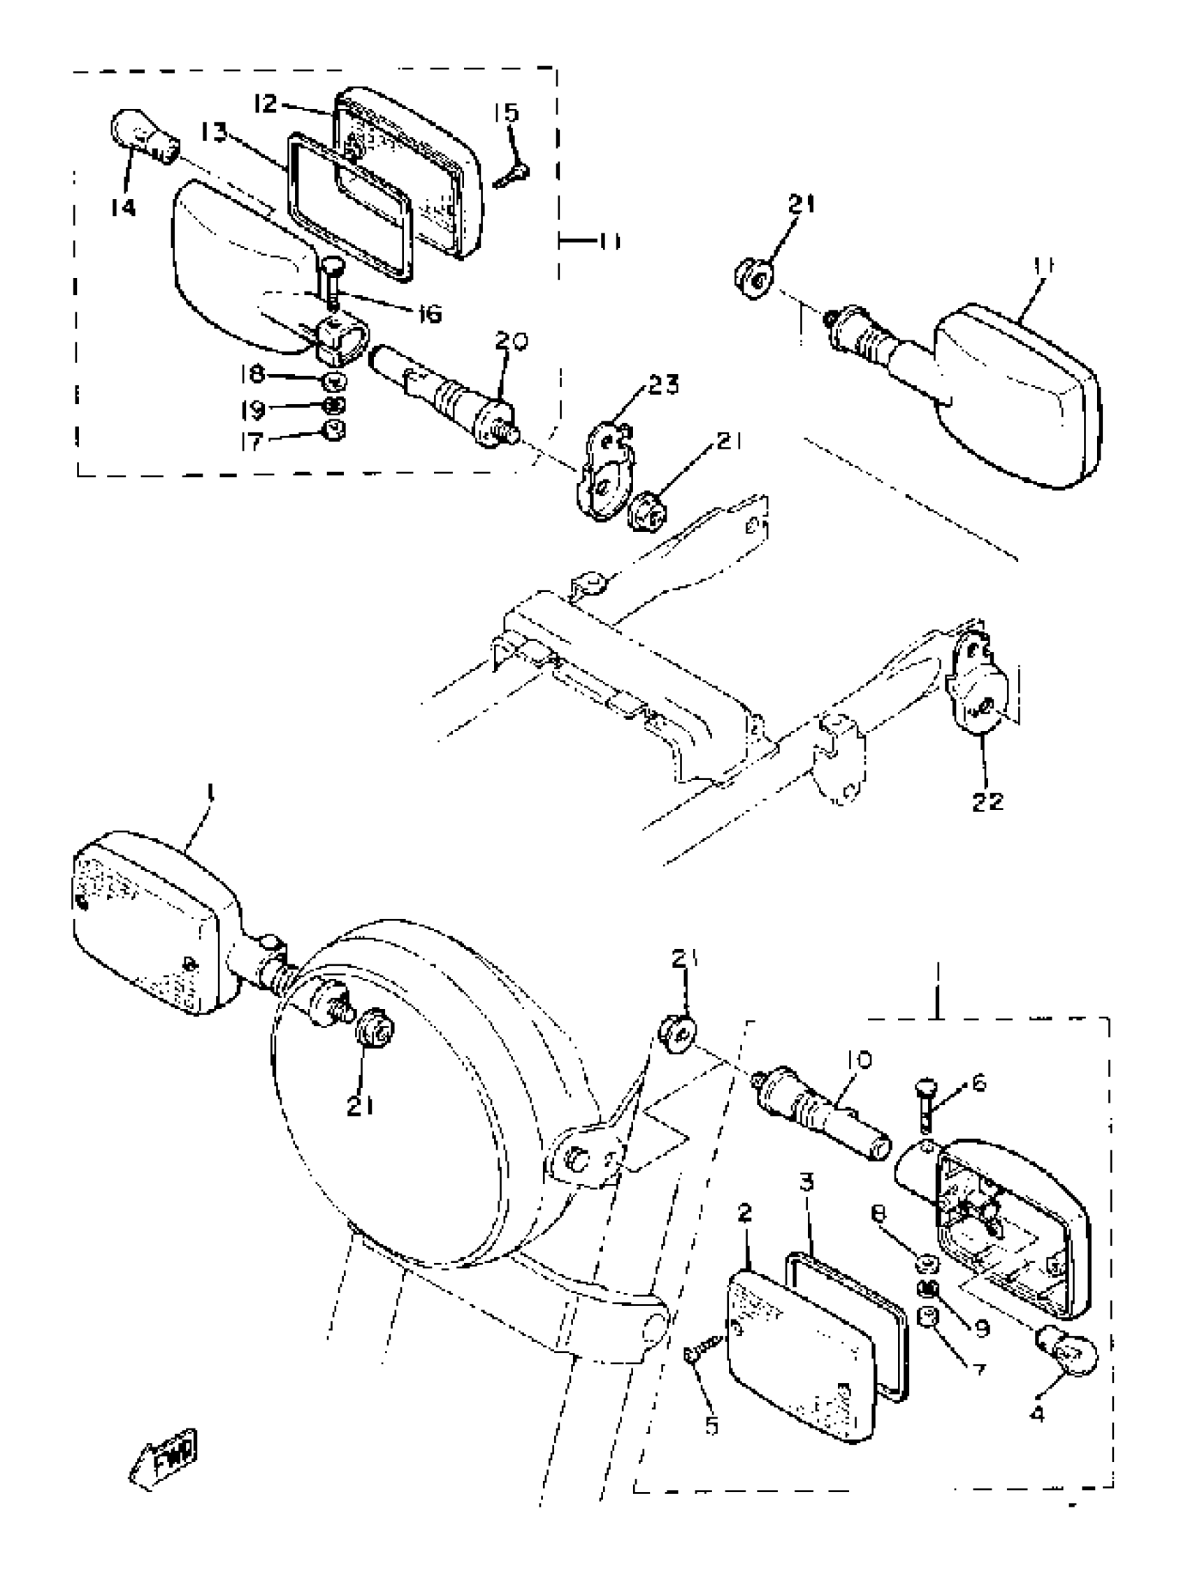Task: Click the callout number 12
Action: pyautogui.click(x=266, y=103)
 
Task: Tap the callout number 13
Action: pyautogui.click(x=213, y=132)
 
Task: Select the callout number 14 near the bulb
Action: pyautogui.click(x=123, y=208)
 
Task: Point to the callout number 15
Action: pyautogui.click(x=508, y=114)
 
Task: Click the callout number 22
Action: pyautogui.click(x=987, y=801)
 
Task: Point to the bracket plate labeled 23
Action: pyautogui.click(x=604, y=472)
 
